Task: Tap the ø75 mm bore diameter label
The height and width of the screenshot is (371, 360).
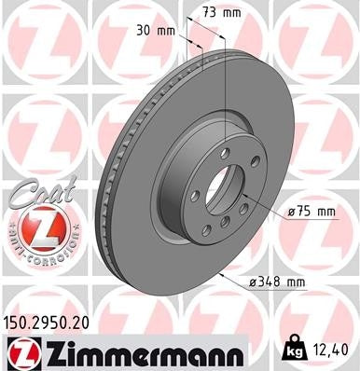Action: coord(311,212)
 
